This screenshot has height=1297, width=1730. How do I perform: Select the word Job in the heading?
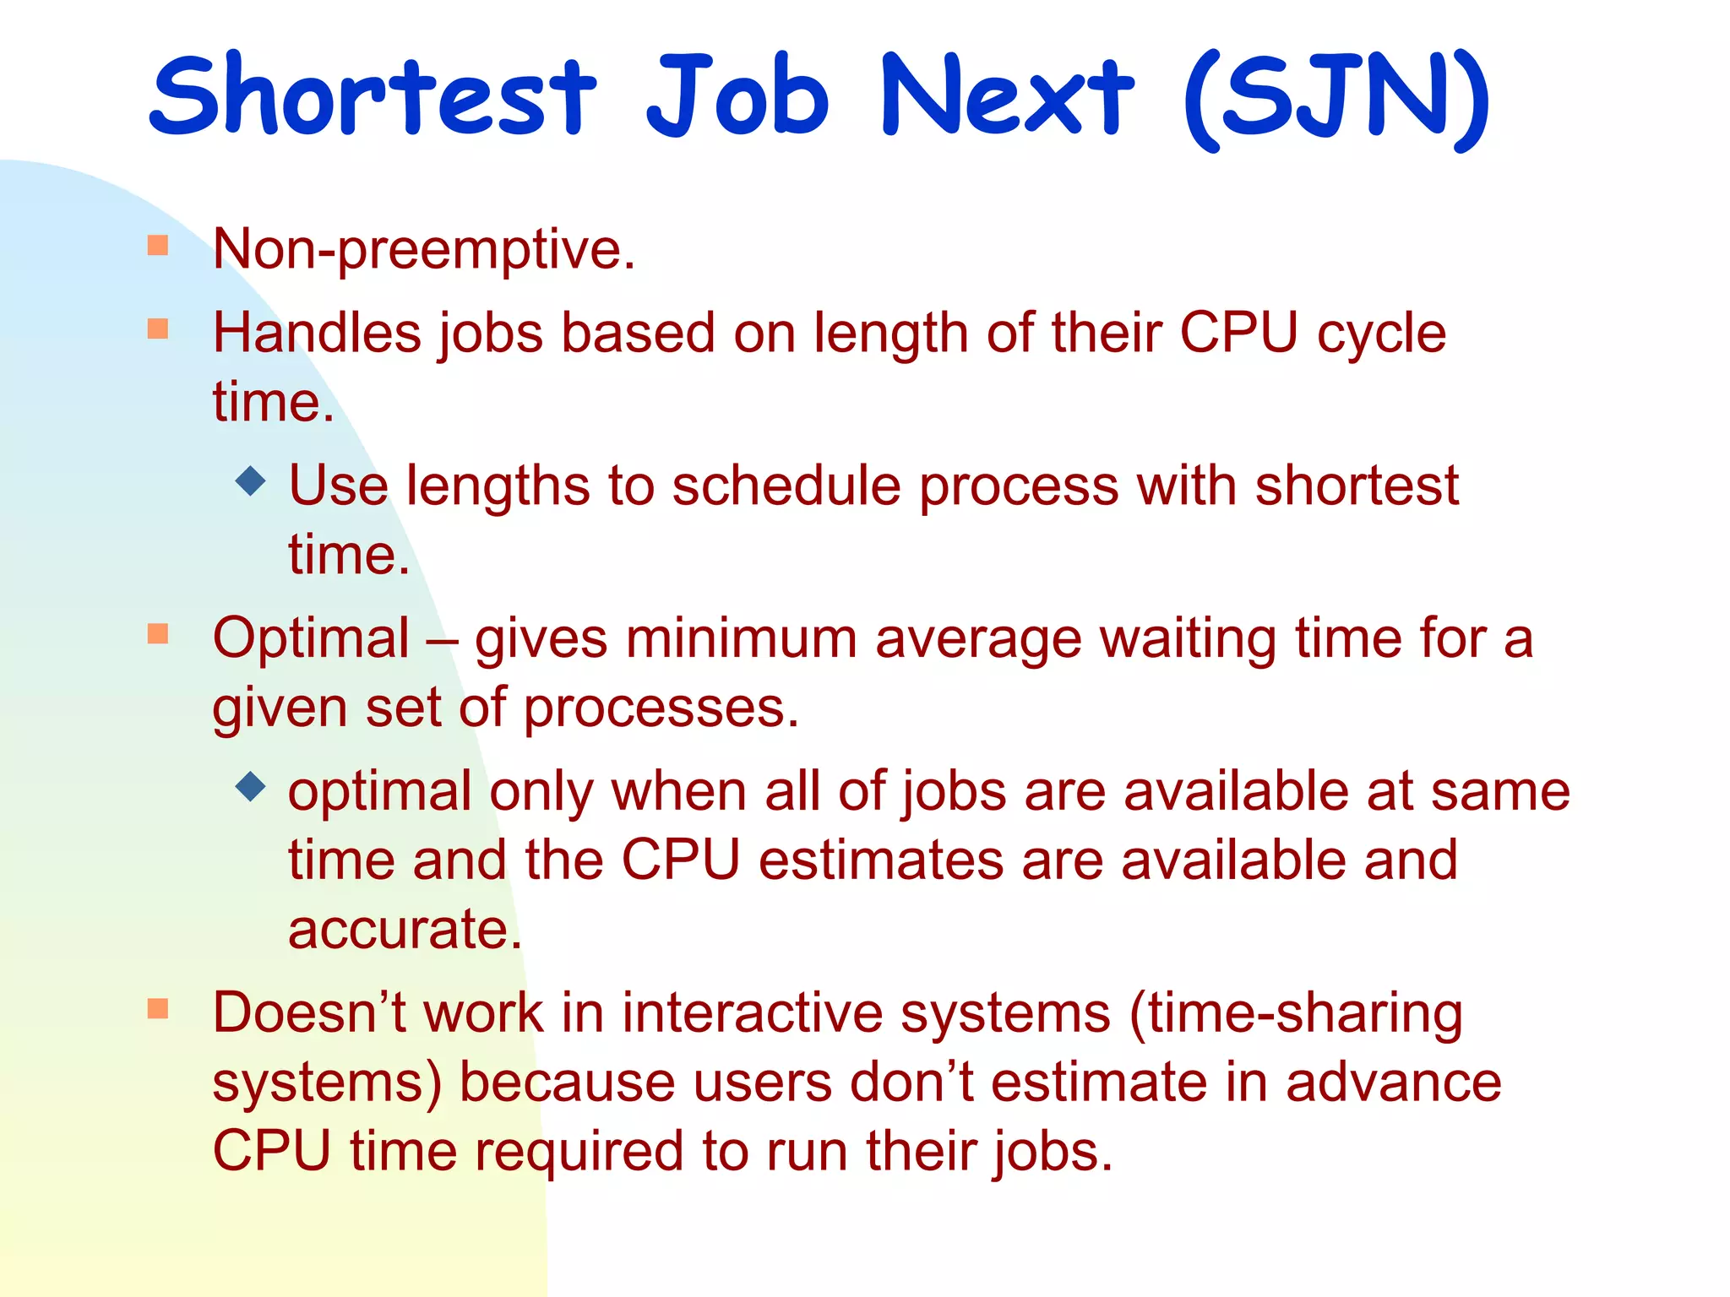point(737,95)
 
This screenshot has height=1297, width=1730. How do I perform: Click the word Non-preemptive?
point(423,250)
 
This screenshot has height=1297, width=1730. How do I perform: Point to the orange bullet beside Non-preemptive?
point(158,246)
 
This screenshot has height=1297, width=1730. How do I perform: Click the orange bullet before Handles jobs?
point(158,328)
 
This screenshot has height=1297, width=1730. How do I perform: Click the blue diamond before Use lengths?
point(251,481)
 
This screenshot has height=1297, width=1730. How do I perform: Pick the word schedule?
point(786,486)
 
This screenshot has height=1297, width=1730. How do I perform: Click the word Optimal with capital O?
point(311,638)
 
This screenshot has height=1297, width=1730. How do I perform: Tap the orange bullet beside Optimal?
point(158,633)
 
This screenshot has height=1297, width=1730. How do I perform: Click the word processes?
point(661,708)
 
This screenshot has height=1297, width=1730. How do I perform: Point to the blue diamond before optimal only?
point(251,787)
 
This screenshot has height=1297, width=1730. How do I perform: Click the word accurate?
point(405,930)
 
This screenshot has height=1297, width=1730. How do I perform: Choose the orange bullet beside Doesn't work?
point(158,1008)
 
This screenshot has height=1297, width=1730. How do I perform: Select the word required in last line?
point(579,1152)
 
